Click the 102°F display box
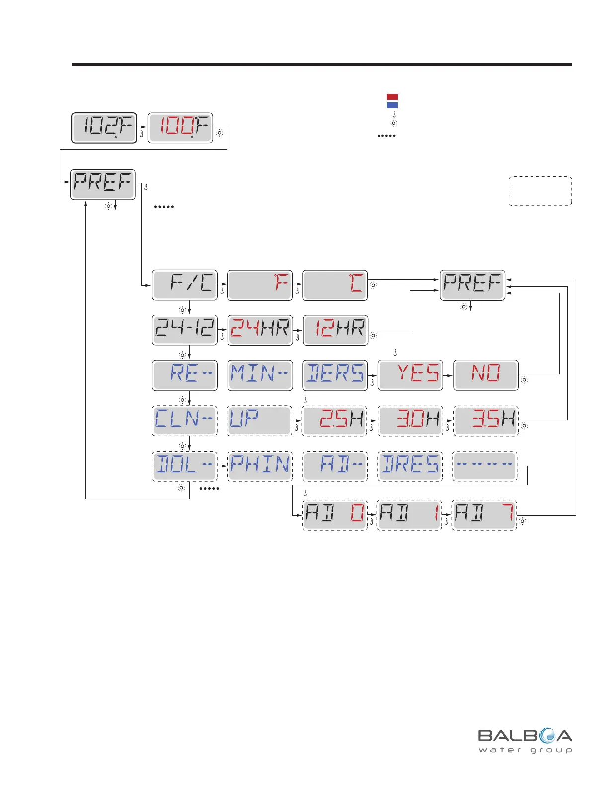coord(104,128)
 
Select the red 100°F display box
coord(180,128)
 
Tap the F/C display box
coord(185,285)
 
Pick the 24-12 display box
coord(185,330)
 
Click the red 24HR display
coord(260,330)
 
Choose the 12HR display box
coord(335,330)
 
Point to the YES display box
coord(410,375)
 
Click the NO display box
coord(486,375)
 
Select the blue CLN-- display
coord(184,420)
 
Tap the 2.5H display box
coord(335,421)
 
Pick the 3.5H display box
coord(486,421)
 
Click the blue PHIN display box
coord(260,466)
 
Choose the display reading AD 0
coord(335,515)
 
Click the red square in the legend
coord(392,97)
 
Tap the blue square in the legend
coord(392,105)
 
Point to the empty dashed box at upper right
coord(540,191)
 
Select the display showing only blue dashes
coord(485,466)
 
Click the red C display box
coord(335,285)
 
